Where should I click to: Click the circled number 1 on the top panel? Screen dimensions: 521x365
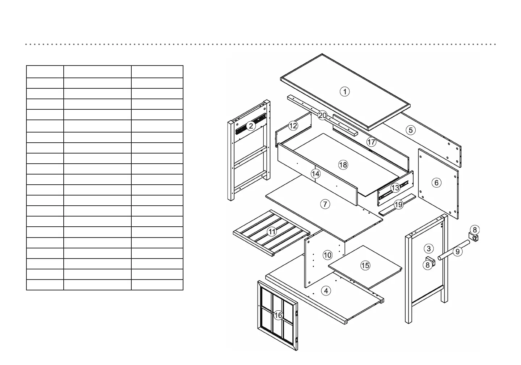345,92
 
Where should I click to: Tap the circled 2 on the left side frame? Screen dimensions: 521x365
251,126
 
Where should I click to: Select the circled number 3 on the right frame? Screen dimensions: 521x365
429,248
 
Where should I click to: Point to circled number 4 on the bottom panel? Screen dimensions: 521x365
326,291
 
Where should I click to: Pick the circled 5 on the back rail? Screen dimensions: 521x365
410,130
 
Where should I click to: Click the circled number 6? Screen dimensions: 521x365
436,182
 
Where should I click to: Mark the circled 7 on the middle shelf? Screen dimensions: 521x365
325,204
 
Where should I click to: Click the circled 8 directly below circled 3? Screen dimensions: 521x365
428,265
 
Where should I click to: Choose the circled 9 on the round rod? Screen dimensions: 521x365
458,251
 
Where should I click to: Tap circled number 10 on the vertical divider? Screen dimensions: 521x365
327,255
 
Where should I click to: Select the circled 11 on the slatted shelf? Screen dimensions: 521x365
272,232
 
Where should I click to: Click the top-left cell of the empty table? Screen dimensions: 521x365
45,72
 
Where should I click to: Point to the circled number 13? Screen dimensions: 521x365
395,188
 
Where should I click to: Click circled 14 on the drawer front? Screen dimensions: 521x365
315,174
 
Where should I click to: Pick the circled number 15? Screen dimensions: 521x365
365,265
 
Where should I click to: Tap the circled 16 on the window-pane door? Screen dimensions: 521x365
278,315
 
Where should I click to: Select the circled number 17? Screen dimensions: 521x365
371,142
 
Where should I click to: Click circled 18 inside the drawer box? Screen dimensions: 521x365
343,165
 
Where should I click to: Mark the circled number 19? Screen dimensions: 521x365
398,205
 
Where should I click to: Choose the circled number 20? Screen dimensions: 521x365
322,116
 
